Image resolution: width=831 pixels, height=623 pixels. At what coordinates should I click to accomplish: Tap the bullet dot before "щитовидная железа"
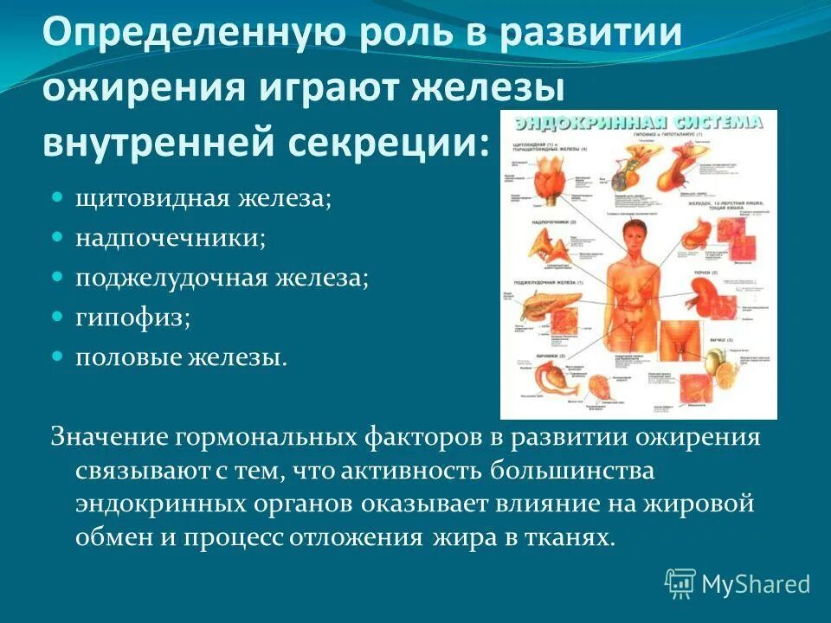coord(58,197)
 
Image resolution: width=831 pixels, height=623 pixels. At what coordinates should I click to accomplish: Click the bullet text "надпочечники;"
coord(170,238)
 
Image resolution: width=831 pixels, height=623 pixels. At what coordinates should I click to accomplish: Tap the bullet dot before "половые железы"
coord(58,356)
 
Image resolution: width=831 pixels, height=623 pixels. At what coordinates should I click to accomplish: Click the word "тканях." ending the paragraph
coord(571,537)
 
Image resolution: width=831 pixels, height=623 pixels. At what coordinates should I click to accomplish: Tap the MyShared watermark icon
coord(680,584)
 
